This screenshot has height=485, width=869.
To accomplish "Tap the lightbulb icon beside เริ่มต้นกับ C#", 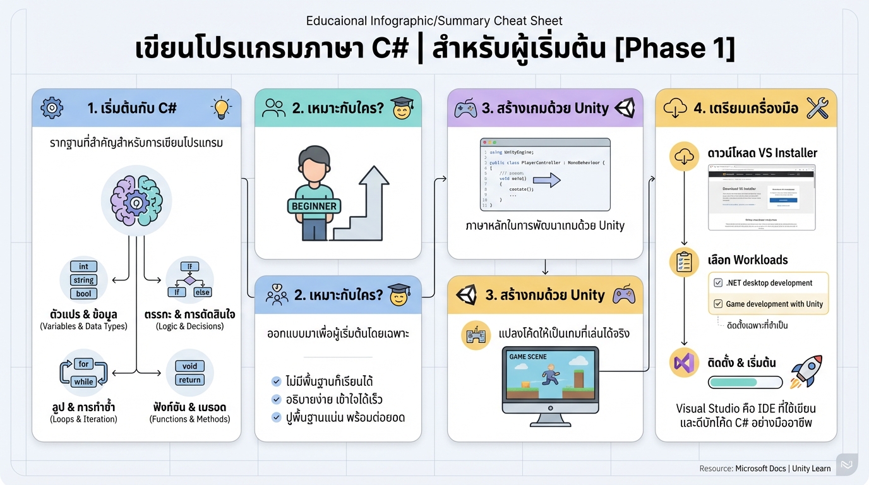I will click(221, 108).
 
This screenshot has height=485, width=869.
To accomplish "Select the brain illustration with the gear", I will click(136, 200).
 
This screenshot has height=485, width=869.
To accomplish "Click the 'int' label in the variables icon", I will click(83, 266).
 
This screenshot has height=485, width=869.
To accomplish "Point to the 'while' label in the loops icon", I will click(83, 381).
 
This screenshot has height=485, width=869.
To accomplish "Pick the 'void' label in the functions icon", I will click(189, 366).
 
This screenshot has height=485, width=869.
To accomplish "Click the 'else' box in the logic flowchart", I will click(202, 292).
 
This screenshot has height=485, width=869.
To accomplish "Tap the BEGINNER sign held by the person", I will click(315, 206).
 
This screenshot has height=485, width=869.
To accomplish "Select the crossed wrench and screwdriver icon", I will click(817, 108).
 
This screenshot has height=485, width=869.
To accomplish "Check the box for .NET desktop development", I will click(718, 283).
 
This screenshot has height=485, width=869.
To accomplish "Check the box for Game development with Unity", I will click(718, 304).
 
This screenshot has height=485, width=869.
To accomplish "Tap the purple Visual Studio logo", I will click(684, 362).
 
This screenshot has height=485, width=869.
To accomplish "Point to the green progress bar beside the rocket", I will click(745, 382).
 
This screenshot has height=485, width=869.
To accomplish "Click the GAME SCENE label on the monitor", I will click(528, 357).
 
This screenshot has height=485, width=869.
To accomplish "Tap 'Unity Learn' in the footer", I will click(812, 469).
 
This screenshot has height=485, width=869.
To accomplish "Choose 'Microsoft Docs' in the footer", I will click(760, 469).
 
